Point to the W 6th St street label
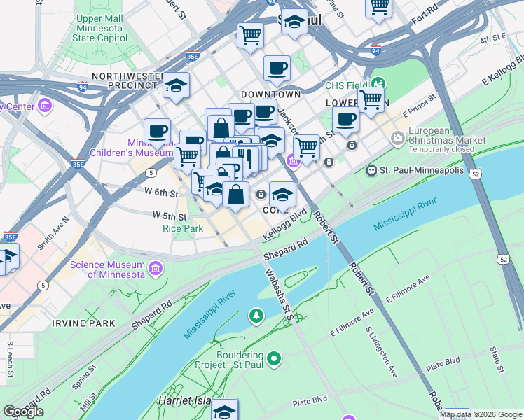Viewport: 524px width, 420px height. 161,192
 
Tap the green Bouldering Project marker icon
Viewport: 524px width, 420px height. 274,360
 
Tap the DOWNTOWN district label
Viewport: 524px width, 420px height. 270,94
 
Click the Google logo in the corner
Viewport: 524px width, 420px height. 23,412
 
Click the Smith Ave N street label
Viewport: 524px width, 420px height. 53,233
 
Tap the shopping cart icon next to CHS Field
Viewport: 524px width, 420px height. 371,99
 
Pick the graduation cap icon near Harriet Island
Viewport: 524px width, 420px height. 225,409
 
